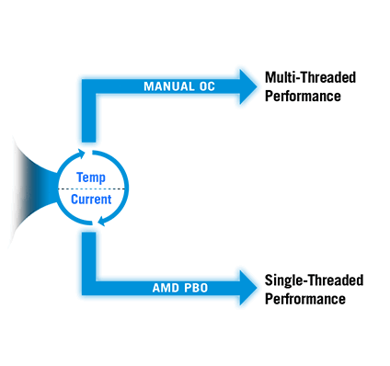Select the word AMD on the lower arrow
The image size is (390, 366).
click(165, 288)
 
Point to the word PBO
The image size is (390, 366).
click(194, 288)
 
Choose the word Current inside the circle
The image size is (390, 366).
click(91, 198)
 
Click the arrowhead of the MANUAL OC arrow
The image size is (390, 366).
click(248, 86)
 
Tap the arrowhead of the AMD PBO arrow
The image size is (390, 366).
click(248, 287)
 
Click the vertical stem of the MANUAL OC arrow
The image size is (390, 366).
click(88, 120)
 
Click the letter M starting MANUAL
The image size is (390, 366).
click(148, 86)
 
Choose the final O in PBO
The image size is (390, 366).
click(203, 288)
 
